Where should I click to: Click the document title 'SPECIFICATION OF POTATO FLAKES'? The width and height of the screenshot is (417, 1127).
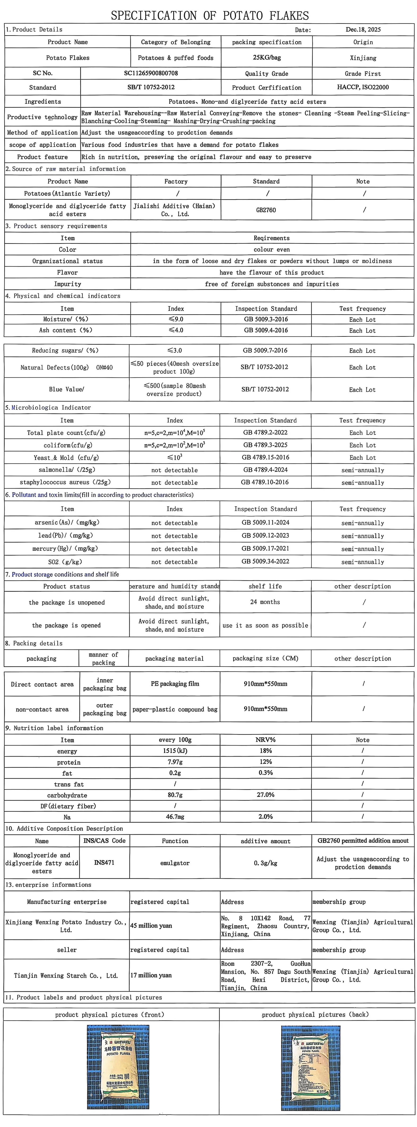(x=210, y=16)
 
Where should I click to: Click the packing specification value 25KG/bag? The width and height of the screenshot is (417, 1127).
(x=266, y=57)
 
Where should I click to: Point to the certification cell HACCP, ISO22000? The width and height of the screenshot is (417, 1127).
(x=363, y=87)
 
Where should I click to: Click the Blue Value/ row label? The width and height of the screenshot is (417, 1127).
(x=66, y=389)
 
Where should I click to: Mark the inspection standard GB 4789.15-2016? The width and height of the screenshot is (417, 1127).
(x=265, y=457)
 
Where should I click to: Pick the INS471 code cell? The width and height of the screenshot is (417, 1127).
(x=104, y=862)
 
